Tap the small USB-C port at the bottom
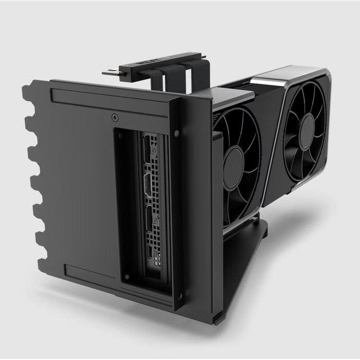click(150, 252)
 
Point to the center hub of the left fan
click(233, 167)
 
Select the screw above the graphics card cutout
click(115, 117)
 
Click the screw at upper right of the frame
click(176, 133)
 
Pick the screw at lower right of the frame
click(179, 295)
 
